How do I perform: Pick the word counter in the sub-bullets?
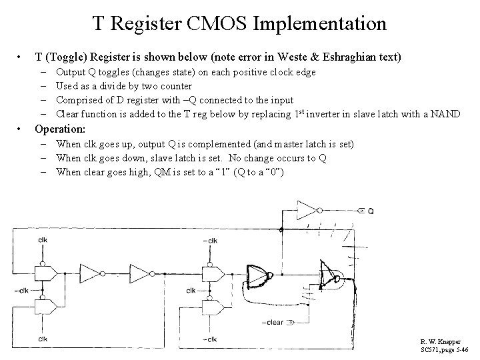tap(175, 86)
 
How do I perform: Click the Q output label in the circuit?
tap(370, 211)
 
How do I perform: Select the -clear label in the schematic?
tap(273, 323)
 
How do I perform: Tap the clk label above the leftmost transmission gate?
tap(43, 239)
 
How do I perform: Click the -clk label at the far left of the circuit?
tap(23, 290)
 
